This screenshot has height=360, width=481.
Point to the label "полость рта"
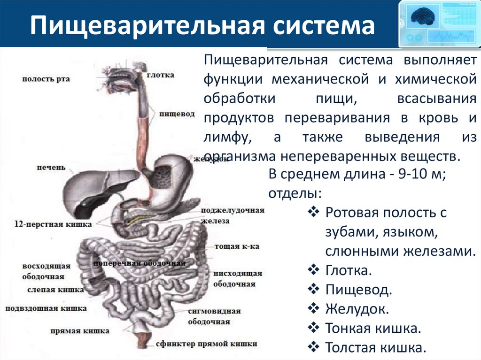point(46,79)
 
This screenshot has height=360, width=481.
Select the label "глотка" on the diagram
point(160,75)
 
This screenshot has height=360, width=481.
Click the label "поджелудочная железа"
point(232,215)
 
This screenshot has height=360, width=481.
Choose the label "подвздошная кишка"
point(46,308)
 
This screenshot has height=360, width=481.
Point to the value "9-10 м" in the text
point(419,175)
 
